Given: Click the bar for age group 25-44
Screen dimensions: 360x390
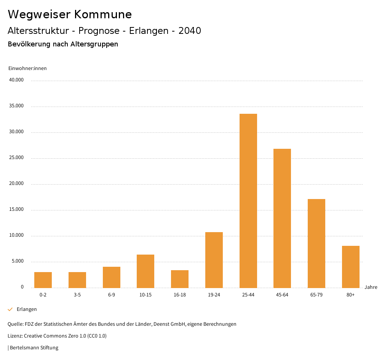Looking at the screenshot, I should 248,201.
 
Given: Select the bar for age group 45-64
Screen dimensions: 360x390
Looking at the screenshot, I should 282,218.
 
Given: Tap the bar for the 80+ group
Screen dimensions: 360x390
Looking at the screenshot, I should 350,267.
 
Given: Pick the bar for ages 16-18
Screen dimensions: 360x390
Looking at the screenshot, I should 180,279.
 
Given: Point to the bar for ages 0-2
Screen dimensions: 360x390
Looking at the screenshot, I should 43,280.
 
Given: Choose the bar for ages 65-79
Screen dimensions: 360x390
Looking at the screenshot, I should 316,243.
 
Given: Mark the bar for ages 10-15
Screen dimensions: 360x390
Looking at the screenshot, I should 145,271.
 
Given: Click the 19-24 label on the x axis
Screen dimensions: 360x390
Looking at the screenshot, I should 214,295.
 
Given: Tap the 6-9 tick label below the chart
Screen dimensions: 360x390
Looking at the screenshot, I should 112,295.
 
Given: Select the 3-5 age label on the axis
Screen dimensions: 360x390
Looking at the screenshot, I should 77,295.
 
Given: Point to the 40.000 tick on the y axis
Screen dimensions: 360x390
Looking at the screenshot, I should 16,80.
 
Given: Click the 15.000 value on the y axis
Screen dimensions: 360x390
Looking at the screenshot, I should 16,209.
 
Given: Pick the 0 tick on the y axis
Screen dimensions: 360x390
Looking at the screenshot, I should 22,287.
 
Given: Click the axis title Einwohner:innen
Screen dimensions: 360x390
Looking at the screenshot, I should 27,68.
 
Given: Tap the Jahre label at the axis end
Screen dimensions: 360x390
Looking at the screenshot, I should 371,287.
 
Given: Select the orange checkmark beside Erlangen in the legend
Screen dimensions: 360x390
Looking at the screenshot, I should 10,309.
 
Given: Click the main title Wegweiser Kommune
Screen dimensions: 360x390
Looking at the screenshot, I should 70,14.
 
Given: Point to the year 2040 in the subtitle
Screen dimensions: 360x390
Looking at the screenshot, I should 190,31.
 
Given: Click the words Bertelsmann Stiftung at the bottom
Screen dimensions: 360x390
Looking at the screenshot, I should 34,347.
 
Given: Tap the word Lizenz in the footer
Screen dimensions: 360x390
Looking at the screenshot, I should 15,336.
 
